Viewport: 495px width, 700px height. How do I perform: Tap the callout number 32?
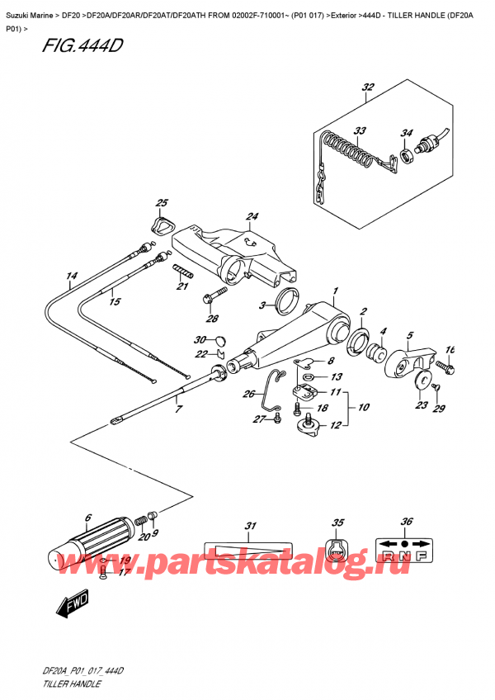pyautogui.click(x=368, y=87)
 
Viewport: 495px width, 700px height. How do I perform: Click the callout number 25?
pyautogui.click(x=162, y=203)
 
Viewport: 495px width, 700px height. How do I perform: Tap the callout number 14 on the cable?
pyautogui.click(x=72, y=277)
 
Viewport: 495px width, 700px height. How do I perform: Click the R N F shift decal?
pyautogui.click(x=404, y=551)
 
